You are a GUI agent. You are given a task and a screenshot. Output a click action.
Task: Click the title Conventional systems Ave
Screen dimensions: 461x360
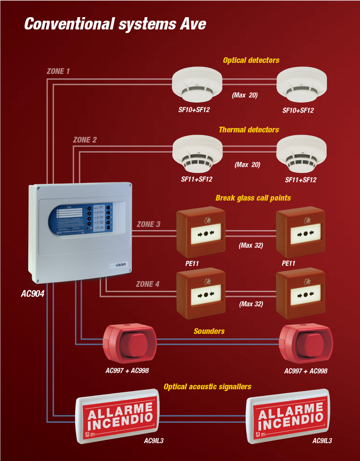pos(115,24)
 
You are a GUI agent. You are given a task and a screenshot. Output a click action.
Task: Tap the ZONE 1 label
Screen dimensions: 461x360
pos(58,71)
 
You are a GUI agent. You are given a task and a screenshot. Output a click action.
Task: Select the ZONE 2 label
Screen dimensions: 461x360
pos(84,140)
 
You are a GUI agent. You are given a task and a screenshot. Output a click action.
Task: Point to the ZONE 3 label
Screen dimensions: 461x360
pos(148,224)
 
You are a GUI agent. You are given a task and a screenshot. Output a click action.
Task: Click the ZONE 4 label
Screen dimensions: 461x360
pos(148,284)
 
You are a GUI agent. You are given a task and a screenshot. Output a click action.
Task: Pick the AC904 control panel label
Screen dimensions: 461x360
pos(33,293)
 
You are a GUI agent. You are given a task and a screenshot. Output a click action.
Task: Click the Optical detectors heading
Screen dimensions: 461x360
pos(251,60)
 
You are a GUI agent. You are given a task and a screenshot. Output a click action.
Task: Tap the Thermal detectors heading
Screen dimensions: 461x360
pos(248,130)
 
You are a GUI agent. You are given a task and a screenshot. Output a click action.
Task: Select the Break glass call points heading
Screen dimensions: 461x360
pos(253,198)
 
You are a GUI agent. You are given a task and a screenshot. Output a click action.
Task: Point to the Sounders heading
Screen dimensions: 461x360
pos(209,331)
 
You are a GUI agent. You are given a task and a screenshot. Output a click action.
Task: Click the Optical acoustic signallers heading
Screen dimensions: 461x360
pos(207,387)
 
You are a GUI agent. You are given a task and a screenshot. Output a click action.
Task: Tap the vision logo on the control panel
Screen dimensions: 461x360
pos(120,264)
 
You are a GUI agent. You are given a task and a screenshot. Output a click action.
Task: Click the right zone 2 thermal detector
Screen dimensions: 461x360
pos(301,155)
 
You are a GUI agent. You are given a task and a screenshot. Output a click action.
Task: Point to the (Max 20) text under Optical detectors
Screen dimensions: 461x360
pos(244,95)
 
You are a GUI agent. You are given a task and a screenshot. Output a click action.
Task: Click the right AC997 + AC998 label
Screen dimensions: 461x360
pos(305,371)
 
